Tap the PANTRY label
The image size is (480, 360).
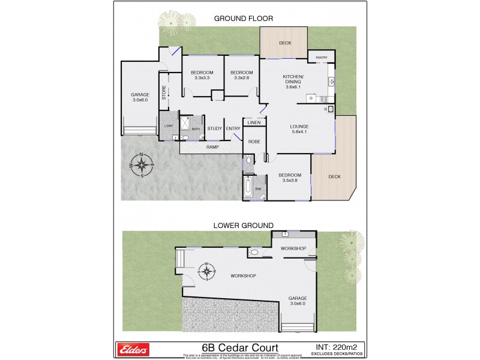click(321, 58)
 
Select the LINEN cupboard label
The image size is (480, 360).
click(254, 122)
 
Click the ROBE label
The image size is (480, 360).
click(254, 144)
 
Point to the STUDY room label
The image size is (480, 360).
click(214, 128)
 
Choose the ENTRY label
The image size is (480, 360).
click(233, 128)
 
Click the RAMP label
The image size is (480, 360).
click(212, 146)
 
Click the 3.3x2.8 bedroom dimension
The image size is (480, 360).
click(242, 77)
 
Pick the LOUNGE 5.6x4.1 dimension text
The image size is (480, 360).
click(298, 132)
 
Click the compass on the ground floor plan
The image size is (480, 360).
click(142, 165)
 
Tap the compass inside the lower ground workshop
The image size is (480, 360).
click(207, 272)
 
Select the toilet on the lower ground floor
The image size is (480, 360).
click(254, 253)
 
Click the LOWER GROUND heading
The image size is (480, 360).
click(243, 225)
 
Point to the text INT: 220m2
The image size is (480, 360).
click(338, 346)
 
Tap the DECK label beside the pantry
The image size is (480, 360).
click(284, 43)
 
